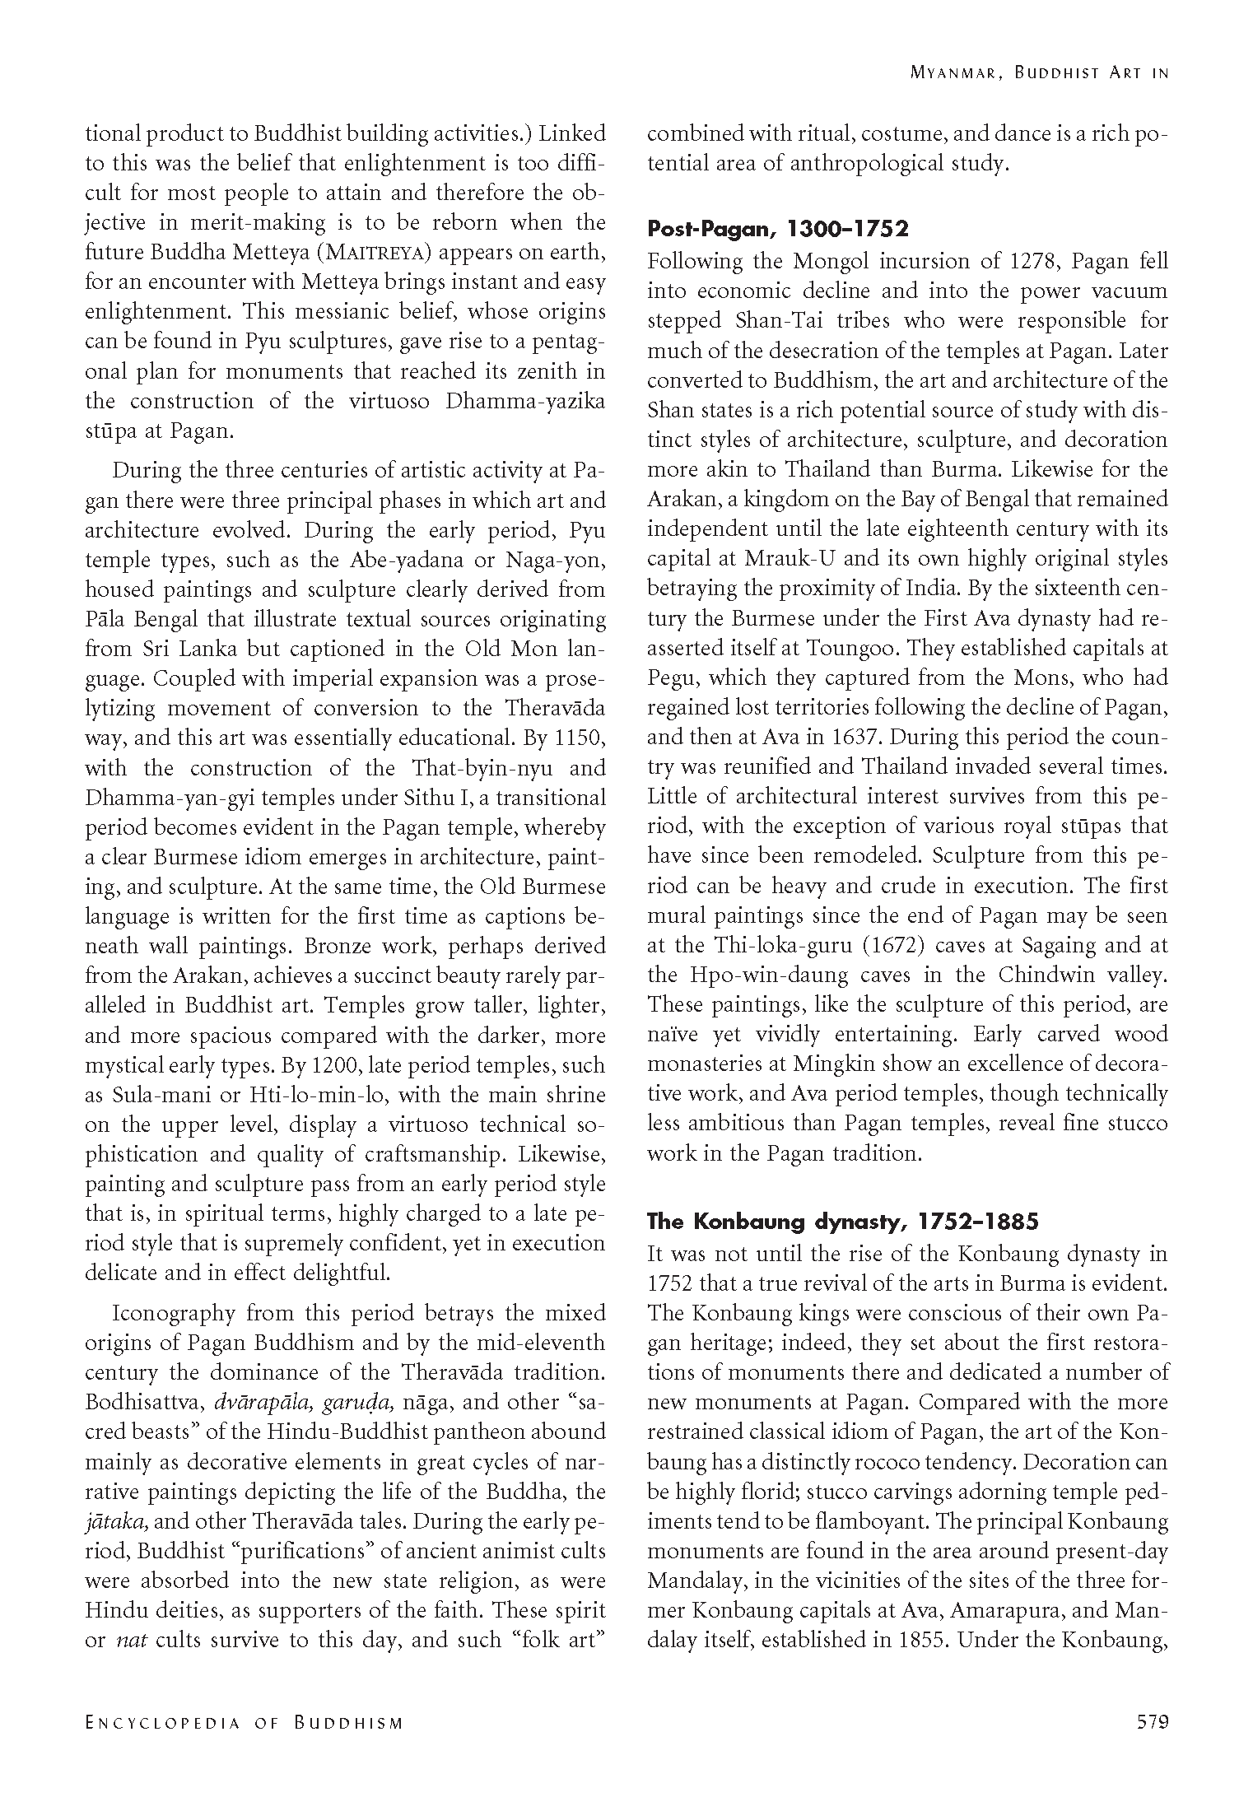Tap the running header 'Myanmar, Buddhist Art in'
[x=1039, y=73]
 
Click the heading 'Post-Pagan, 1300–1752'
[x=777, y=228]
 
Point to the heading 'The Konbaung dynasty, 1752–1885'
[x=842, y=1222]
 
